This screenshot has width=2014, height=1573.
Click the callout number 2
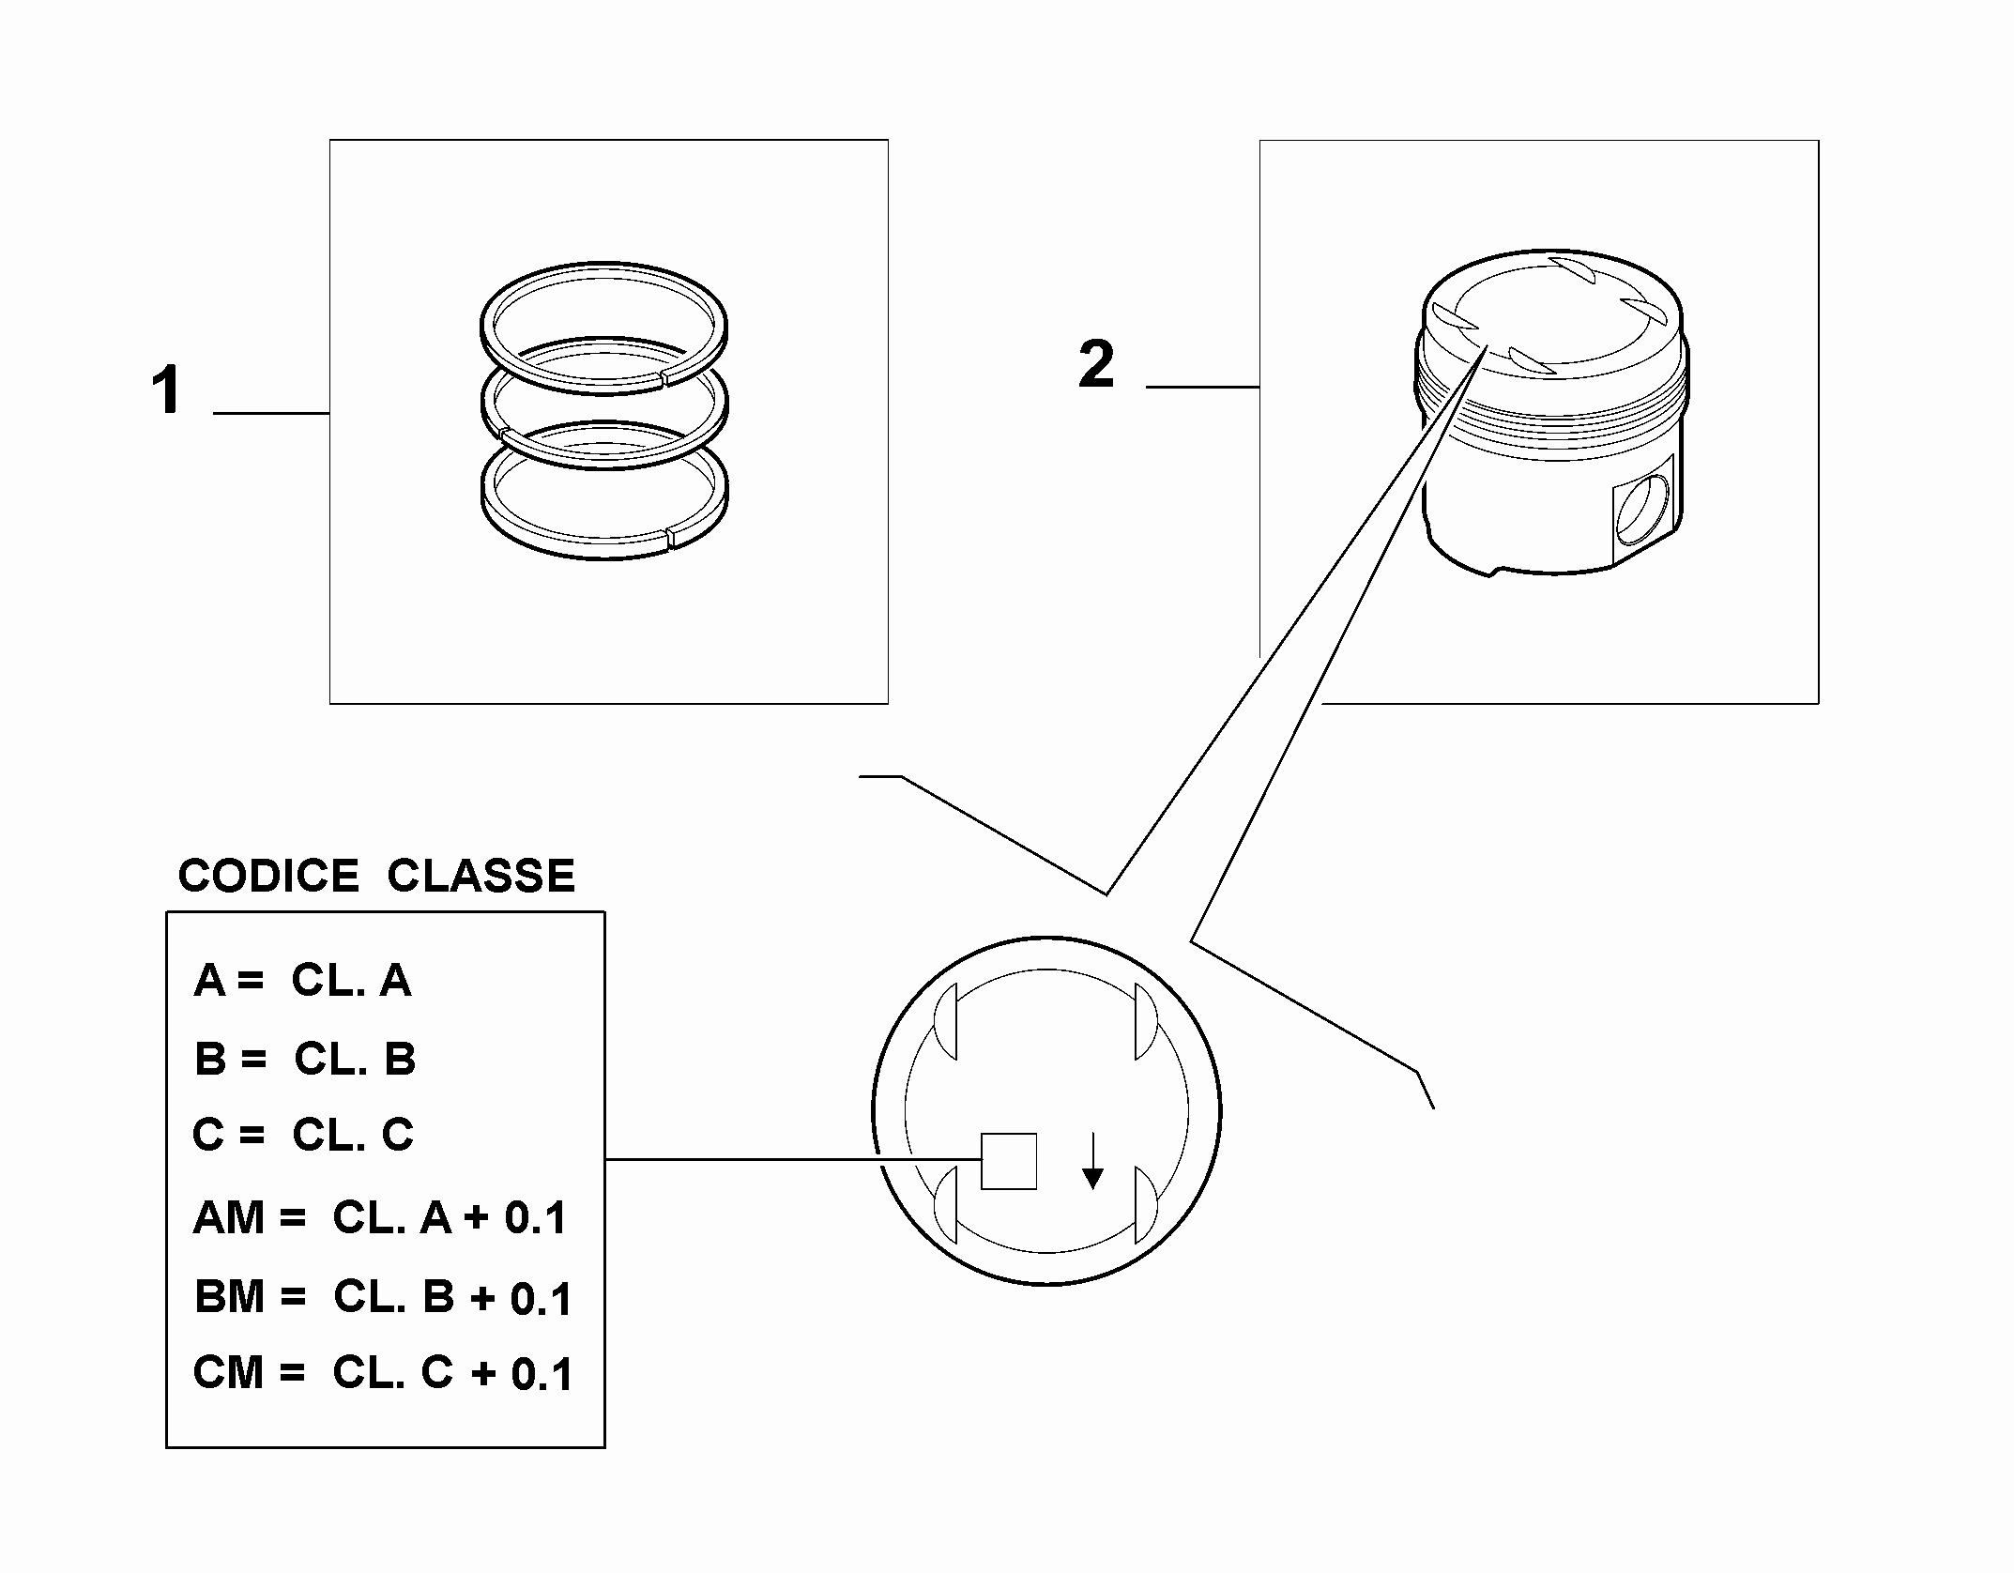1097,364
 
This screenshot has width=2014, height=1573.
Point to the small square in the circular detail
1009,1161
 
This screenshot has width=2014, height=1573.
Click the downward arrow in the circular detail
1092,1161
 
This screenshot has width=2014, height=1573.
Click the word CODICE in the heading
268,876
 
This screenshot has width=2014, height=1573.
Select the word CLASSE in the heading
481,876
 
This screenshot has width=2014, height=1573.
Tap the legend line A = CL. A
302,981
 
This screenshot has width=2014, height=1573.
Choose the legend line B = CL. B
305,1059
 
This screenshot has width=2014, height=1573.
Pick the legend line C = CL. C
303,1135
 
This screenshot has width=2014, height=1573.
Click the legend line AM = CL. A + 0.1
380,1218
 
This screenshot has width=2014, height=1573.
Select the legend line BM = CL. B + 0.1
383,1297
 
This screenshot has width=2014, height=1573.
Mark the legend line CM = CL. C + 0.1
383,1373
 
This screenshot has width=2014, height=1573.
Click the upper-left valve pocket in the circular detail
946,1021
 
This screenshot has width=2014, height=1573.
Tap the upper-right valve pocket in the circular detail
1146,1021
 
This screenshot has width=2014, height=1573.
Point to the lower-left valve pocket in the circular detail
946,1204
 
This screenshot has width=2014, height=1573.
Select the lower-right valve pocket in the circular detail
1146,1204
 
